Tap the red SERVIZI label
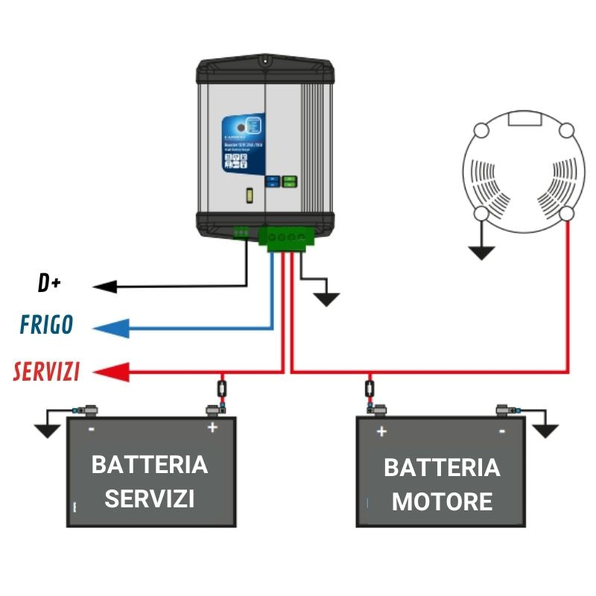[x=46, y=372]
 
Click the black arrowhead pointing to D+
[x=104, y=286]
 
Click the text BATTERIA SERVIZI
[x=150, y=481]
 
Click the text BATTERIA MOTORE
[x=442, y=484]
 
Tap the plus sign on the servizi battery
[x=212, y=428]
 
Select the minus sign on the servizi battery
[x=91, y=428]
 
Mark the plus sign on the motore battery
[x=381, y=431]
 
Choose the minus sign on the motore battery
[x=502, y=431]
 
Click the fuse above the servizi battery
[x=222, y=388]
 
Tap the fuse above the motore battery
[x=370, y=388]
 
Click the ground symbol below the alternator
[x=482, y=252]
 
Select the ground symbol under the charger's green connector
[x=326, y=298]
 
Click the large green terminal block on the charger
[x=286, y=237]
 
